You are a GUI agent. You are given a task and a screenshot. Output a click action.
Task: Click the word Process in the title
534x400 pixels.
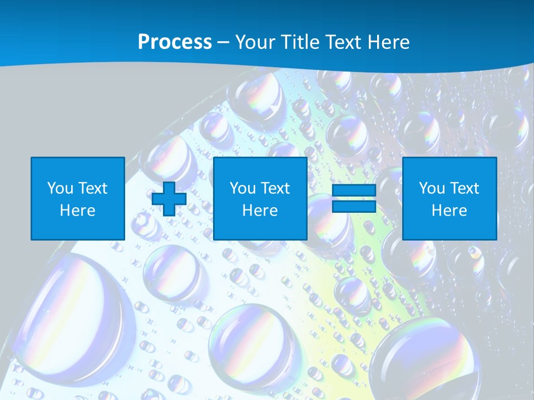pyautogui.click(x=175, y=42)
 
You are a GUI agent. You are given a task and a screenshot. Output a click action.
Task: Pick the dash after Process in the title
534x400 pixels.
pyautogui.click(x=224, y=43)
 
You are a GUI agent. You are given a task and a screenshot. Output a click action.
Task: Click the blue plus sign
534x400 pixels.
pyautogui.click(x=169, y=198)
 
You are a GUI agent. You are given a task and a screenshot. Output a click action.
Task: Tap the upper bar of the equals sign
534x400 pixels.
pyautogui.click(x=354, y=191)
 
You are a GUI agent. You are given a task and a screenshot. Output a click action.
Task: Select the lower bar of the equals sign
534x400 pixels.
pyautogui.click(x=354, y=206)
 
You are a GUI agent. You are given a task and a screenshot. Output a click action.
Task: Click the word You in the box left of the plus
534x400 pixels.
pyautogui.click(x=60, y=188)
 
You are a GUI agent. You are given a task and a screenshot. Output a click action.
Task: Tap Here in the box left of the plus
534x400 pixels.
pyautogui.click(x=77, y=211)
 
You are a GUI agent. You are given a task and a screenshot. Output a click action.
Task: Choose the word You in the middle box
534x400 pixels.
pyautogui.click(x=242, y=188)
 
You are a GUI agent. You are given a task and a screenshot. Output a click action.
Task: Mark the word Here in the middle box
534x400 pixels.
pyautogui.click(x=260, y=211)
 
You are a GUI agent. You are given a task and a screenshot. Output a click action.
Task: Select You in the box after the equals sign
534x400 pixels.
pyautogui.click(x=431, y=188)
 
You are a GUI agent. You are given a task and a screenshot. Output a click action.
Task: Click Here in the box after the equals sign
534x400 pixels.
pyautogui.click(x=449, y=211)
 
